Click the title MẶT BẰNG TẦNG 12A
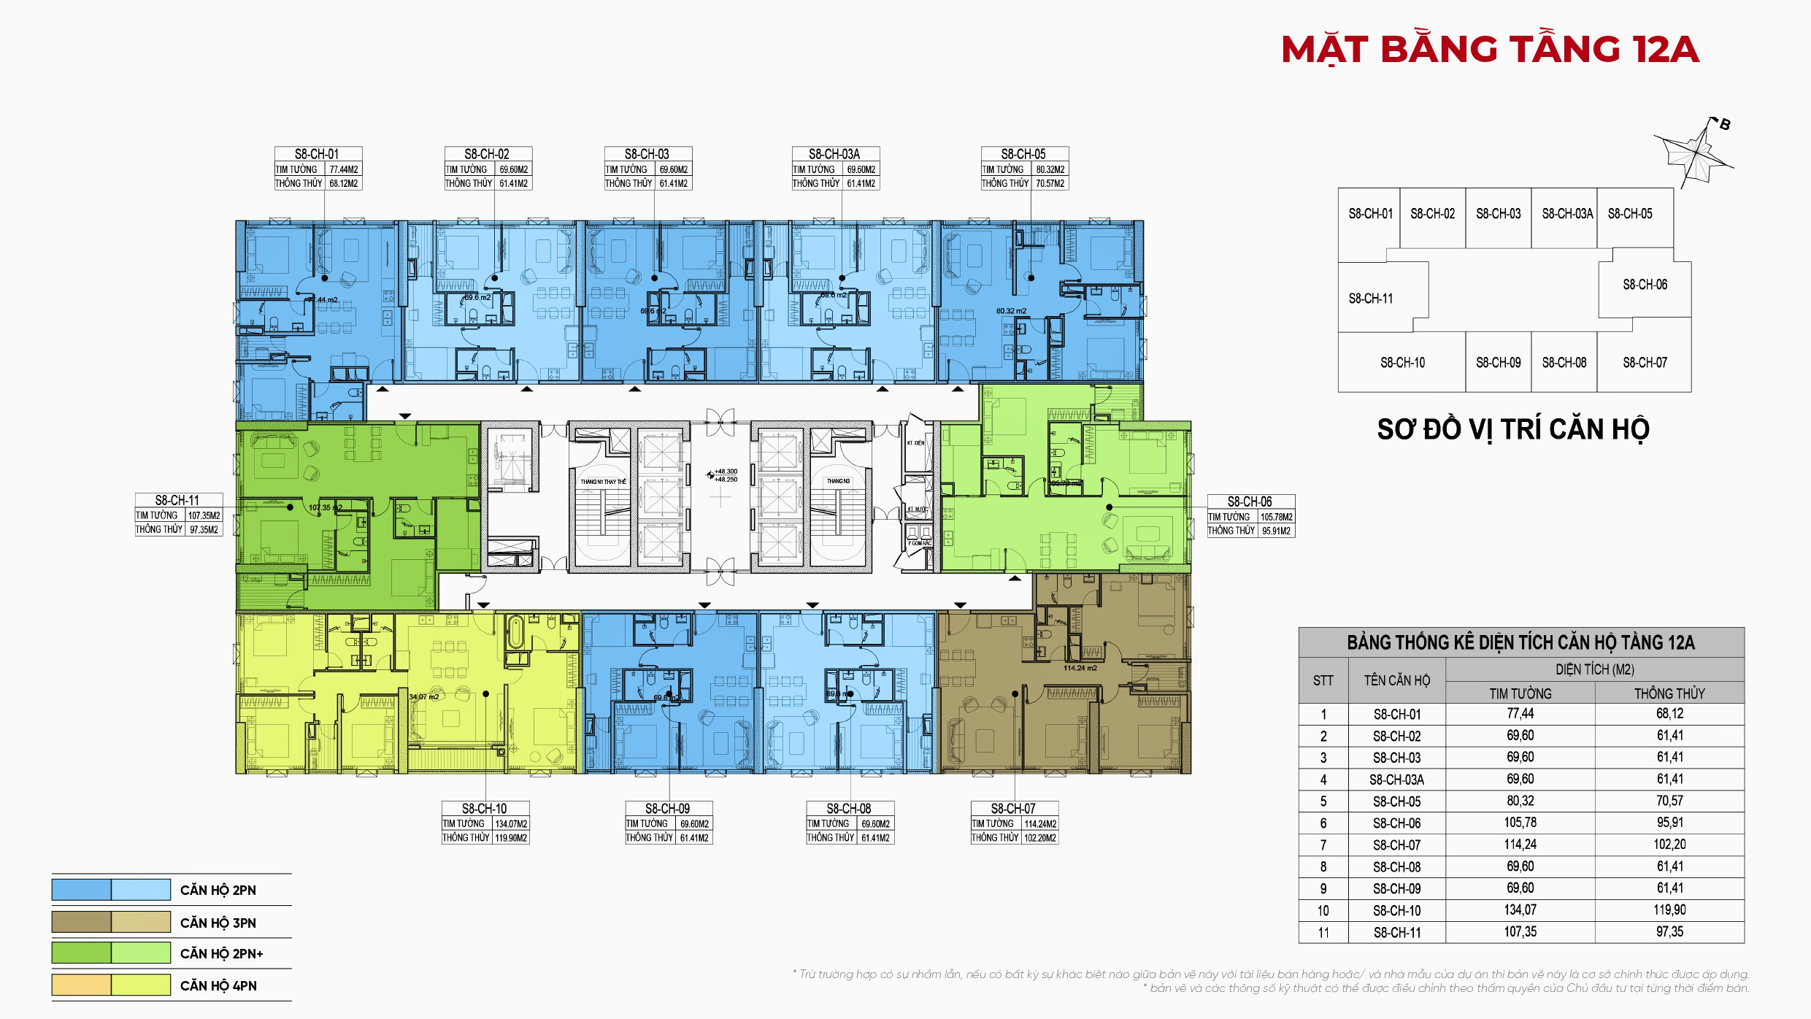1490,50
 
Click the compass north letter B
1725,124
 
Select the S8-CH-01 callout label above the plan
317,154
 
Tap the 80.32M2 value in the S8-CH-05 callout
1050,169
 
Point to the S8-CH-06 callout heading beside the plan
1250,501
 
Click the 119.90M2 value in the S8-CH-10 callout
511,838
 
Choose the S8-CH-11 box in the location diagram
1371,299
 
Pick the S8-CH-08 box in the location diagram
1564,363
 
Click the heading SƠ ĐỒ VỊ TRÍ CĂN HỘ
1513,429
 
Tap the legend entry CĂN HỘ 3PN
218,923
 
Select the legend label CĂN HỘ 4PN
218,985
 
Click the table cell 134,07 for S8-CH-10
1520,910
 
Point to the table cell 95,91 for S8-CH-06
1669,823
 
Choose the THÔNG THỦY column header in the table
1669,693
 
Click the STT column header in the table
1323,680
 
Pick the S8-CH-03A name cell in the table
1396,780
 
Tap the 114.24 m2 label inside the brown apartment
1080,668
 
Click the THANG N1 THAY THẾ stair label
603,482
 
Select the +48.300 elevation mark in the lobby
726,472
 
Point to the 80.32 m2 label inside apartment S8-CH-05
1011,311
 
